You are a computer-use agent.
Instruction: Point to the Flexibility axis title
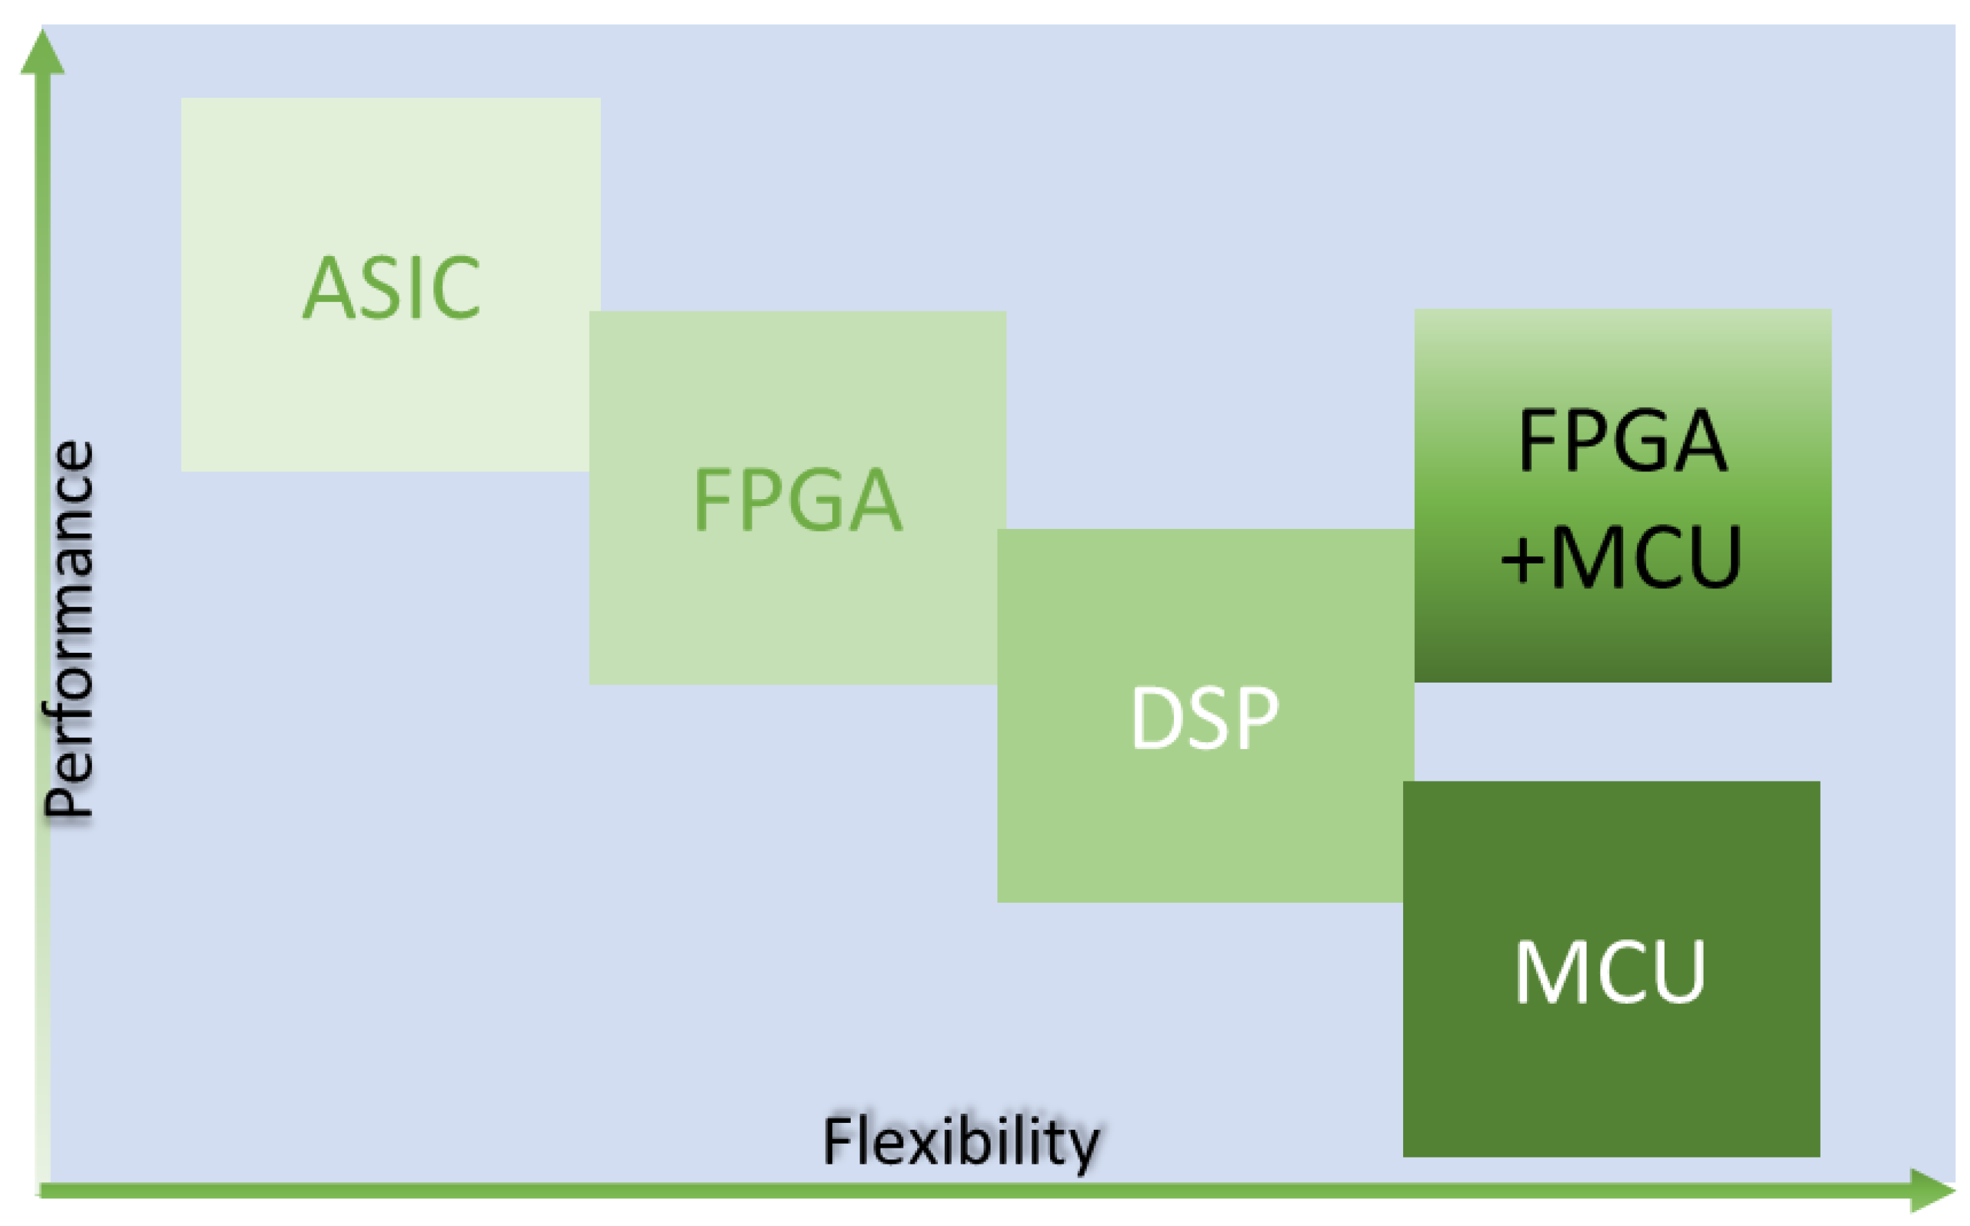click(961, 1142)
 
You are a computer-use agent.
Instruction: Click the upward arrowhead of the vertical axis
click(42, 53)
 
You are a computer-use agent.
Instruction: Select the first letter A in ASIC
click(328, 288)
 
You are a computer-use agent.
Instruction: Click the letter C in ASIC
click(456, 288)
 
